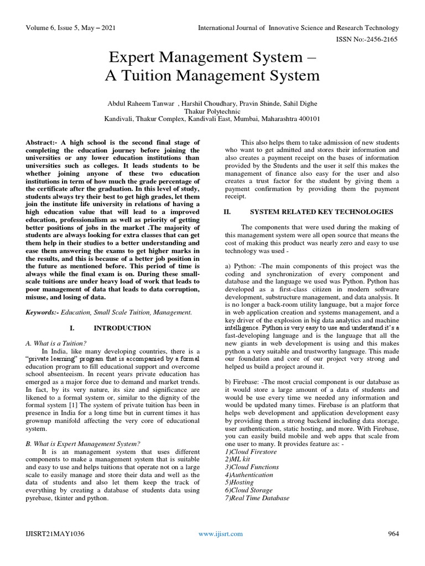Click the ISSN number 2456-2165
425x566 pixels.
384,39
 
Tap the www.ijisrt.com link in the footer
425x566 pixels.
220,533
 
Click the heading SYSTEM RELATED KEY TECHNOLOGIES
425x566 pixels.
322,212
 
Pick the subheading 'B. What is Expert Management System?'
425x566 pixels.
83,443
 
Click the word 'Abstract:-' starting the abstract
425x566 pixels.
42,143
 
